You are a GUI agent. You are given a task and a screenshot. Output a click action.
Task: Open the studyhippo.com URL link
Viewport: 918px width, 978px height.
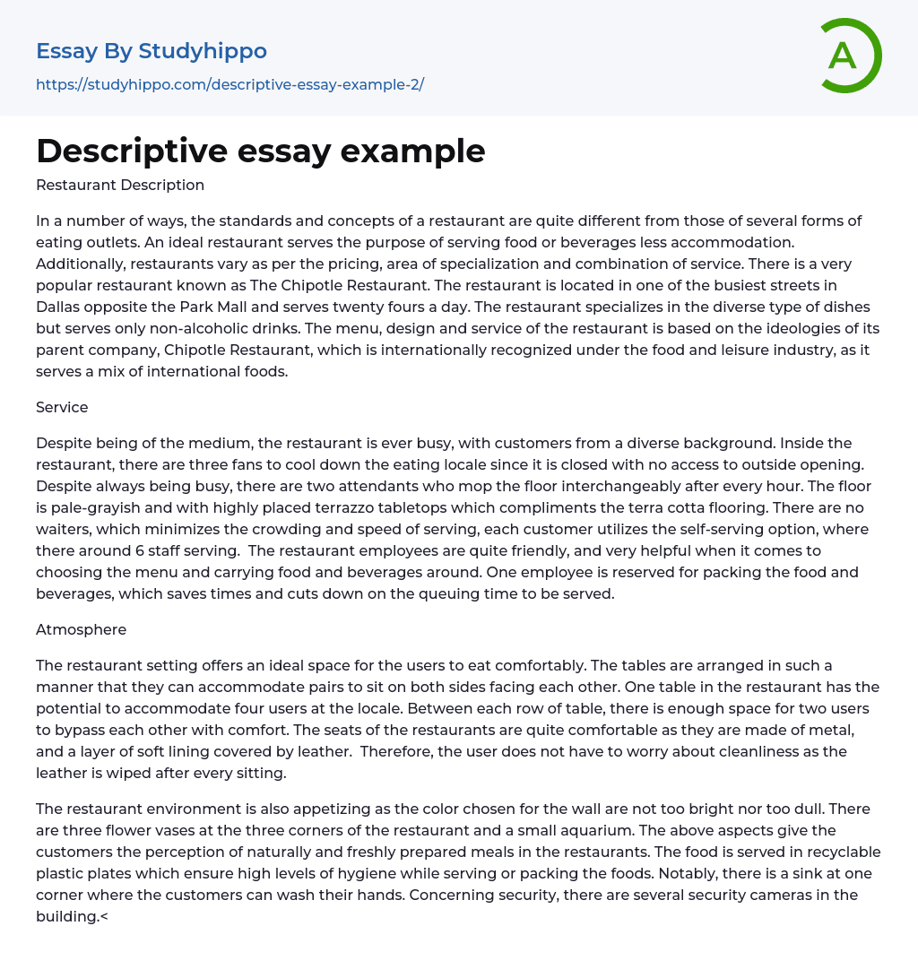229,84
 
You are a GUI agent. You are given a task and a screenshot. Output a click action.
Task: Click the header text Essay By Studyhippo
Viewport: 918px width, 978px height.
152,51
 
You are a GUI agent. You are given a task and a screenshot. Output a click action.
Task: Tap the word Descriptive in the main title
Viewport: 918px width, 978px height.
131,151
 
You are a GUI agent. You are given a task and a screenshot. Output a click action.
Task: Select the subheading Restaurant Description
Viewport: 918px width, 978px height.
120,186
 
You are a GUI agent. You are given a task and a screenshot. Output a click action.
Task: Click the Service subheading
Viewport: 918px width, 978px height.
62,407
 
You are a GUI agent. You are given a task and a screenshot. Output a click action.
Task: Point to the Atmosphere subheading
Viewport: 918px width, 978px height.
81,629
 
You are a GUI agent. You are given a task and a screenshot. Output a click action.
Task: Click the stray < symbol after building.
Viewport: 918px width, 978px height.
104,917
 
